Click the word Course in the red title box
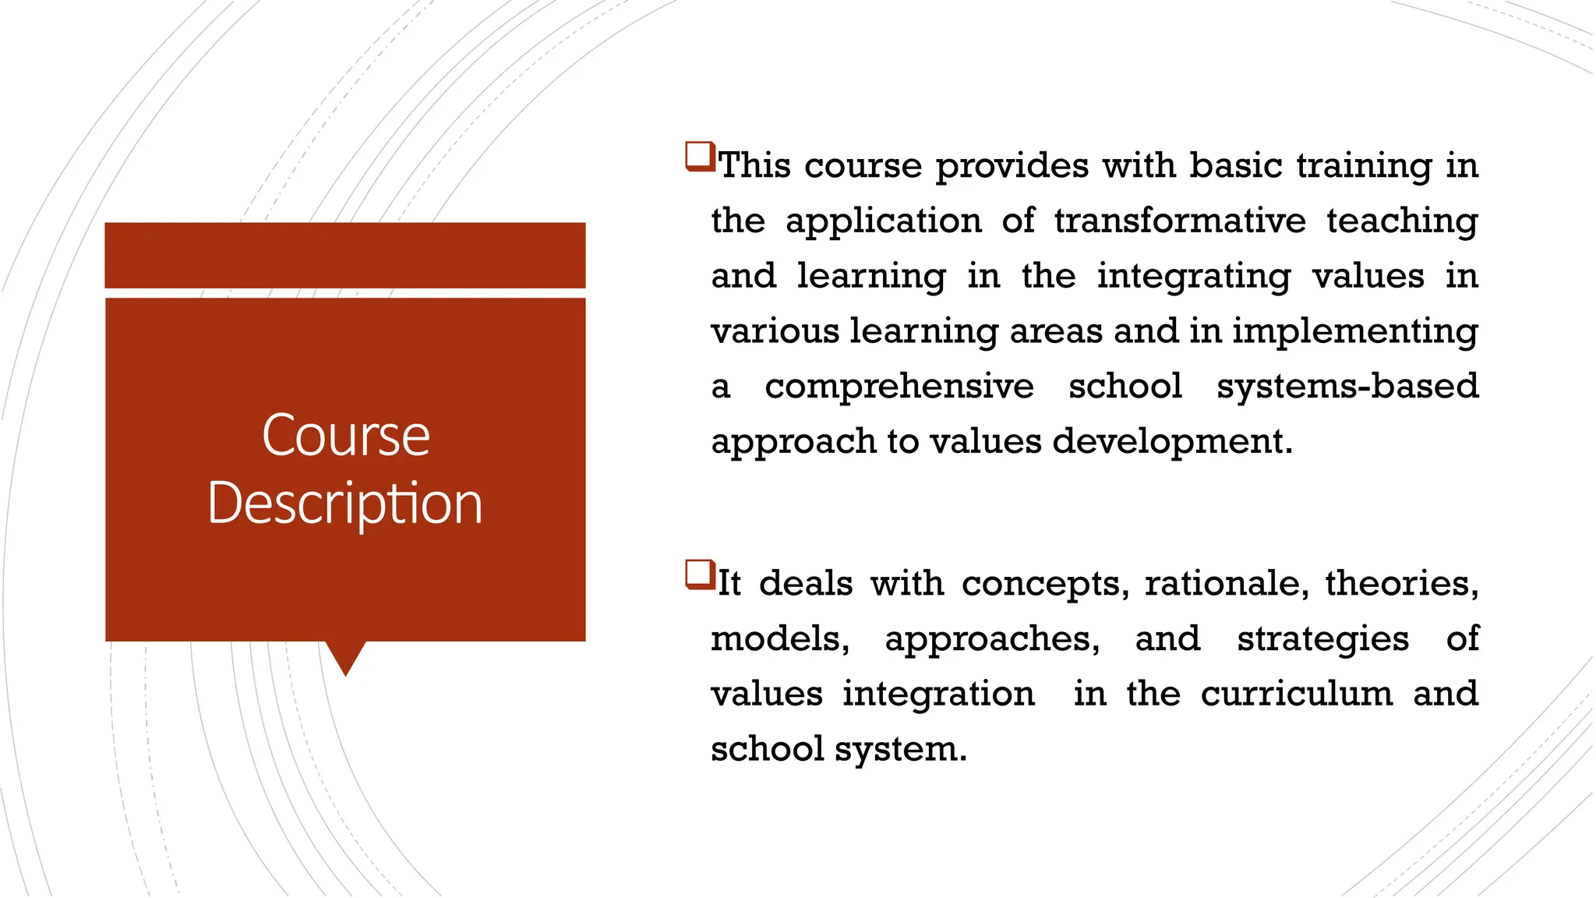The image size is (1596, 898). click(x=345, y=435)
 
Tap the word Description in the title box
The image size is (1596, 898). click(x=345, y=504)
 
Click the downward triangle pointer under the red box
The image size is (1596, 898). click(x=345, y=656)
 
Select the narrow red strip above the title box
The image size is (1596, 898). click(x=345, y=255)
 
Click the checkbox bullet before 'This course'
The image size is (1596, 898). click(x=700, y=156)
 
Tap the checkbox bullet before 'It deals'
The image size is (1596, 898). click(x=700, y=575)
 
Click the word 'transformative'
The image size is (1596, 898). click(x=1180, y=221)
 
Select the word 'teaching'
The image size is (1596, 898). click(x=1402, y=221)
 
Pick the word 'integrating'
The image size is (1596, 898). click(x=1194, y=277)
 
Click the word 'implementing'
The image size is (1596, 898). click(x=1354, y=331)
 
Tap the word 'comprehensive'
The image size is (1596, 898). click(x=899, y=387)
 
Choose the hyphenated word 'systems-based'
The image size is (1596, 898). click(x=1347, y=386)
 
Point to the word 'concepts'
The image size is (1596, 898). click(x=1045, y=584)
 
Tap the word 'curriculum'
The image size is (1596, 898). click(x=1296, y=694)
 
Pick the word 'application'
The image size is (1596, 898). click(x=884, y=221)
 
